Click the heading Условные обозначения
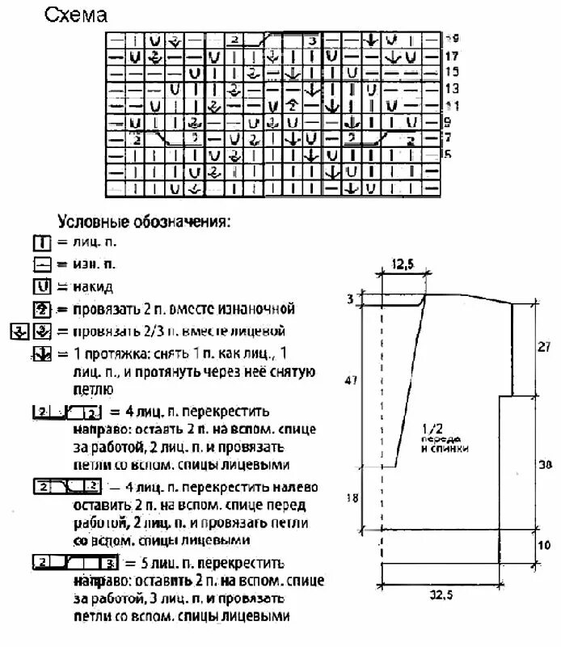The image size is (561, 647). (x=143, y=221)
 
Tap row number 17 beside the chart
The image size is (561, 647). (x=453, y=57)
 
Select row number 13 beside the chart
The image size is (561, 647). (x=453, y=88)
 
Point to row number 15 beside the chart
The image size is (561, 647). (x=453, y=72)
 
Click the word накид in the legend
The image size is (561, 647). (x=92, y=286)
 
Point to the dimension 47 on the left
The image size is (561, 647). (x=350, y=379)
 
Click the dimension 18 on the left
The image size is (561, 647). (x=352, y=498)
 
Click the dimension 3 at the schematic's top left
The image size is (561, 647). (x=350, y=300)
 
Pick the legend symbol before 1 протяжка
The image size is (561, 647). (x=42, y=353)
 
